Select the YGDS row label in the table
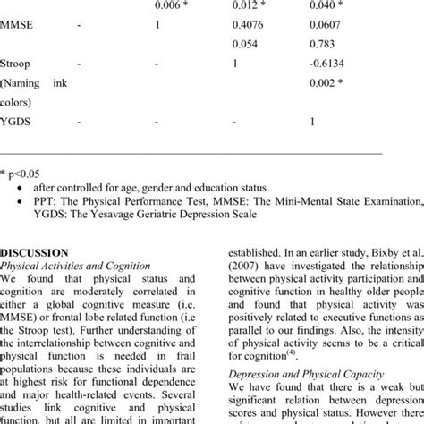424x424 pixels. pos(18,122)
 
